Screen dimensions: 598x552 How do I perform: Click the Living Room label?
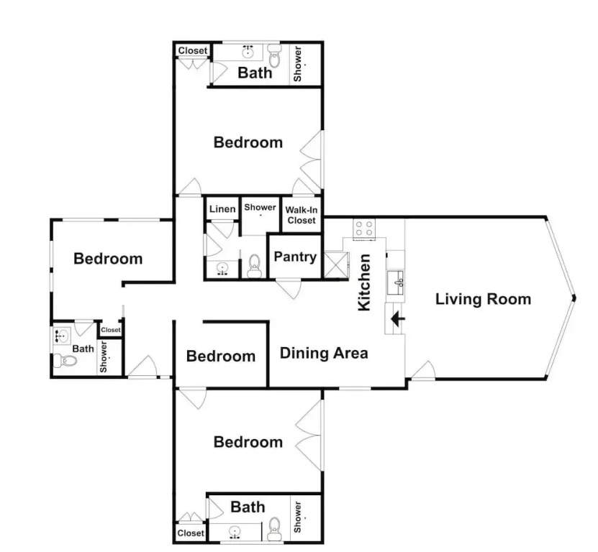tap(483, 299)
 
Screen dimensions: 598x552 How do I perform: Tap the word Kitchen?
tap(364, 282)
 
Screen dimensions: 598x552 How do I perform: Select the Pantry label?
tap(295, 257)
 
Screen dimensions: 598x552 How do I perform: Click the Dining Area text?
tap(324, 353)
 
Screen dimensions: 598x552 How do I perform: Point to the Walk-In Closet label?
tap(302, 215)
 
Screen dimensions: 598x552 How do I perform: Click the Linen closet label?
tap(222, 208)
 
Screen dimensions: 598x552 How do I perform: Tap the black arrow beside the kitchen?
tap(398, 318)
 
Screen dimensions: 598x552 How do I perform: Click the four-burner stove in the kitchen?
tap(364, 229)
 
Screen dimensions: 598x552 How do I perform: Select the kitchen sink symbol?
tap(396, 282)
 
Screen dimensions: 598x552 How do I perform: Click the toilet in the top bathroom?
tap(274, 55)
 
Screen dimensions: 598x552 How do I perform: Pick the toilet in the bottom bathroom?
tap(274, 529)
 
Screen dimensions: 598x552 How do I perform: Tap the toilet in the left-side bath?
tap(65, 360)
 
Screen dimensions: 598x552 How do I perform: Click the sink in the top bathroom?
tap(248, 51)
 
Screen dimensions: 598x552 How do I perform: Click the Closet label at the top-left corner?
tap(193, 50)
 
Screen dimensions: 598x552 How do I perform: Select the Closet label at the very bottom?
tap(191, 533)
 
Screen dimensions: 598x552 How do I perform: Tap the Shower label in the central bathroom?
tap(260, 207)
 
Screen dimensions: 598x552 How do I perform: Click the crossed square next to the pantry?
tap(336, 264)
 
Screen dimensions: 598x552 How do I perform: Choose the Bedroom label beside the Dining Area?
tap(221, 356)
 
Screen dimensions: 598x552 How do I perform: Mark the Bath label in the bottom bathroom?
tap(248, 507)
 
